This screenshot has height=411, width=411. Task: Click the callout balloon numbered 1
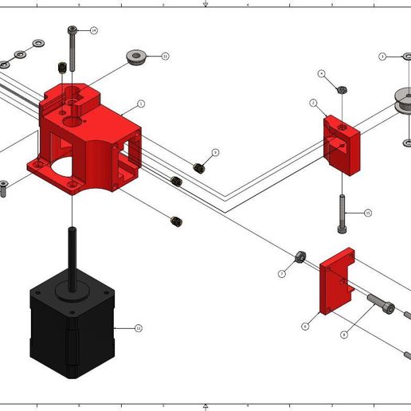pyautogui.click(x=141, y=104)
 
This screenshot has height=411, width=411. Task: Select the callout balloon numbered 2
pyautogui.click(x=314, y=104)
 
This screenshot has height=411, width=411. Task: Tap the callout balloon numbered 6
pyautogui.click(x=305, y=326)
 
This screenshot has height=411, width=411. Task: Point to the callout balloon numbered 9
pyautogui.click(x=215, y=152)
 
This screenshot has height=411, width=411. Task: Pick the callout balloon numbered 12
pyautogui.click(x=138, y=327)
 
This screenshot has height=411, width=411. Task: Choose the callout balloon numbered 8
pyautogui.click(x=343, y=335)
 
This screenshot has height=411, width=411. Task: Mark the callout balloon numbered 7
pyautogui.click(x=282, y=273)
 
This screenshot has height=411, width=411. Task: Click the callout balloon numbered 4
pyautogui.click(x=322, y=73)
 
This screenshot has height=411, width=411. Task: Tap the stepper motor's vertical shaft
pyautogui.click(x=72, y=255)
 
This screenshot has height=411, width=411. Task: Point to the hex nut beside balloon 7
pyautogui.click(x=301, y=256)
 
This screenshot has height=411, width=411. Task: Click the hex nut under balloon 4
pyautogui.click(x=341, y=90)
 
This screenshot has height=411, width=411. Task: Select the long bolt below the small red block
pyautogui.click(x=342, y=213)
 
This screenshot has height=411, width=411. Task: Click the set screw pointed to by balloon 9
pyautogui.click(x=199, y=167)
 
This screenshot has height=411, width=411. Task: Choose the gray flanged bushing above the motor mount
pyautogui.click(x=136, y=57)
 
